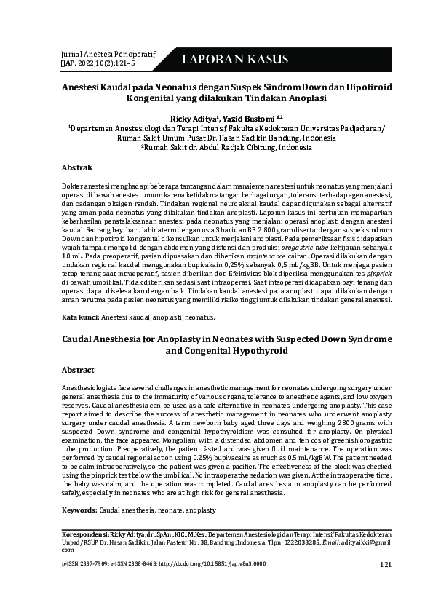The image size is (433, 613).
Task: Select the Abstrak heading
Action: (78, 167)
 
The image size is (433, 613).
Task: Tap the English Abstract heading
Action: (78, 370)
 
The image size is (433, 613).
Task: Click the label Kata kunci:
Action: (80, 317)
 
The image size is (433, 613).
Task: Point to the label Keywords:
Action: (79, 511)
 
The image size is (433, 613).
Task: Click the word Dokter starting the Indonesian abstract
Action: (76, 187)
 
